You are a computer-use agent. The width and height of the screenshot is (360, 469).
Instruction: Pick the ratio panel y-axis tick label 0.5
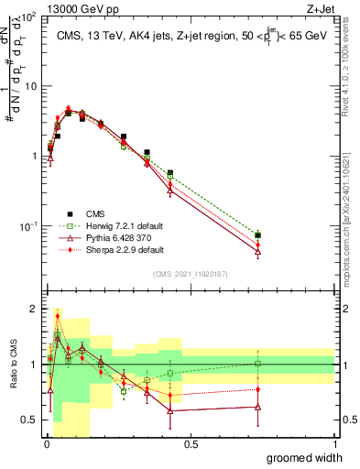[x=29, y=420]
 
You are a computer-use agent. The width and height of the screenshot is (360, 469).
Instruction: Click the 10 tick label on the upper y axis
[x=28, y=86]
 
